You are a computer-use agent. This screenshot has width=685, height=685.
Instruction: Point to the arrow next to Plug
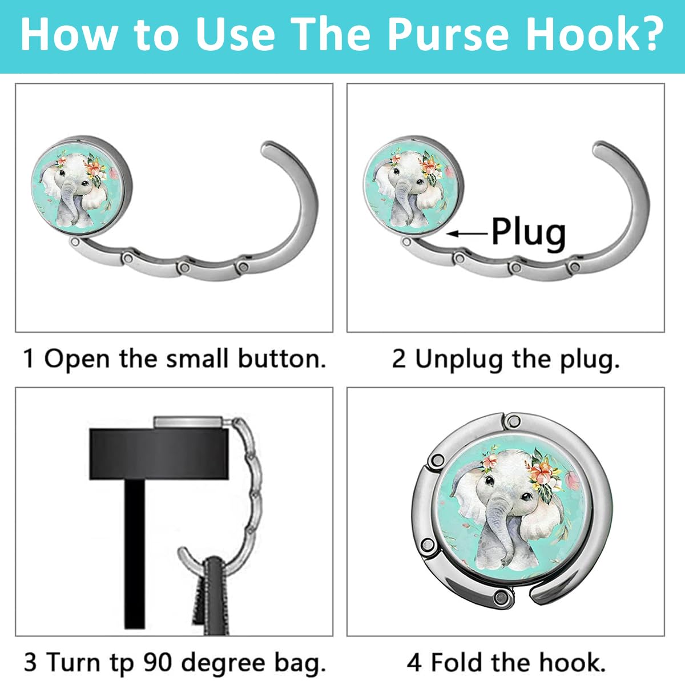coord(467,233)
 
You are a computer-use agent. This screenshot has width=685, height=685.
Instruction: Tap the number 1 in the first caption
coord(28,359)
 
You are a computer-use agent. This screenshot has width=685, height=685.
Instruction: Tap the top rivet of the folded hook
coord(512,421)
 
